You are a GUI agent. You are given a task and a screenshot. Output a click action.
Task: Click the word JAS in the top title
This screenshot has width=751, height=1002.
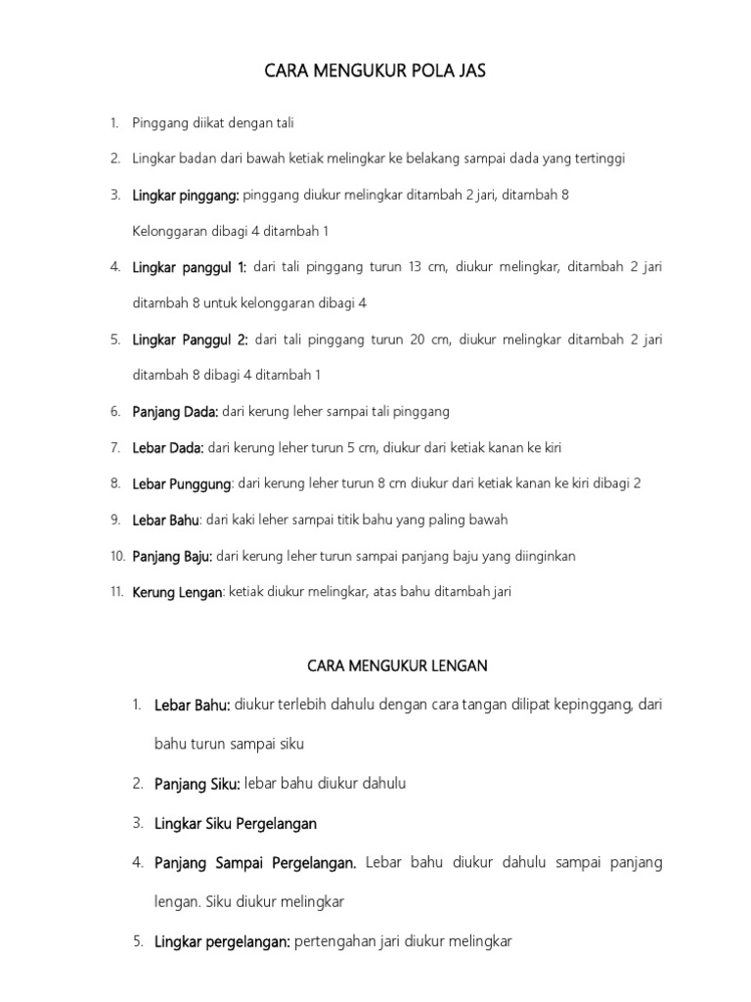click(x=466, y=70)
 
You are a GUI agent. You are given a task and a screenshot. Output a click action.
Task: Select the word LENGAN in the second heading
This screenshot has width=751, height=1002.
click(x=460, y=665)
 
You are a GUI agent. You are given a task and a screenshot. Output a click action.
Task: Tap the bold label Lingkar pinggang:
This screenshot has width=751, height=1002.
click(x=186, y=195)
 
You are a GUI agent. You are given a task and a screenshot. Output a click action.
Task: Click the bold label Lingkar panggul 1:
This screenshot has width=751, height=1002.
click(x=190, y=267)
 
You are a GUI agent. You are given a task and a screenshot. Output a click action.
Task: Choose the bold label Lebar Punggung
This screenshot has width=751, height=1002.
click(x=182, y=483)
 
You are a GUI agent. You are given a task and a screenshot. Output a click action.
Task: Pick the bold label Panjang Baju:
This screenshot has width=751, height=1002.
click(x=173, y=556)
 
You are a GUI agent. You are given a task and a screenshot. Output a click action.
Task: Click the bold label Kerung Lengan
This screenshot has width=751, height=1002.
click(x=178, y=592)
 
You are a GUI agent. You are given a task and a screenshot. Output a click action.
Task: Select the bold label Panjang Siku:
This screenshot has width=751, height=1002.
click(x=198, y=784)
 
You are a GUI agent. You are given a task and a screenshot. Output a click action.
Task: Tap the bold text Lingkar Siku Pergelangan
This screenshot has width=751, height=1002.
click(x=236, y=823)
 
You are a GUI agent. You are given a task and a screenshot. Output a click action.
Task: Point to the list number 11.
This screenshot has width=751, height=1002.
click(x=115, y=592)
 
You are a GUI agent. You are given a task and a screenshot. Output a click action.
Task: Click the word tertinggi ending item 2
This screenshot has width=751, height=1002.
click(x=598, y=159)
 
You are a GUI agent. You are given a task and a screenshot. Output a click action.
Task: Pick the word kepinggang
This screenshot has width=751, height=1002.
click(x=582, y=705)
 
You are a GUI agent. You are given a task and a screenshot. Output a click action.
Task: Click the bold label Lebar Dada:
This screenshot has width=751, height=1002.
click(x=168, y=448)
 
